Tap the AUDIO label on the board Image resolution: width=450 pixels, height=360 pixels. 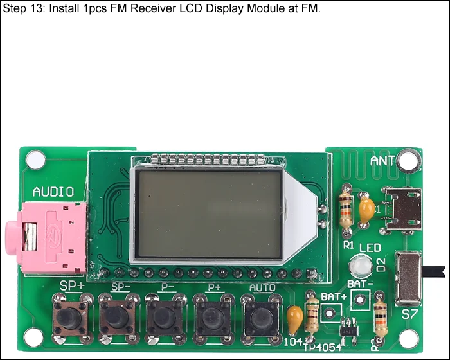click(53, 192)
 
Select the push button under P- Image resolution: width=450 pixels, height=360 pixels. click(165, 316)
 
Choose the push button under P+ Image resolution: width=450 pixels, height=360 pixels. click(213, 316)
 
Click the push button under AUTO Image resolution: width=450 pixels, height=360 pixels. click(260, 316)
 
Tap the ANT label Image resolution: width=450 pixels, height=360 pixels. click(384, 160)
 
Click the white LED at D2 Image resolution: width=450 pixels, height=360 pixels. click(361, 265)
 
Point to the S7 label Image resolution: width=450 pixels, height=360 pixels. click(410, 315)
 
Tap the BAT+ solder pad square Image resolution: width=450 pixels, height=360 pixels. click(330, 312)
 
